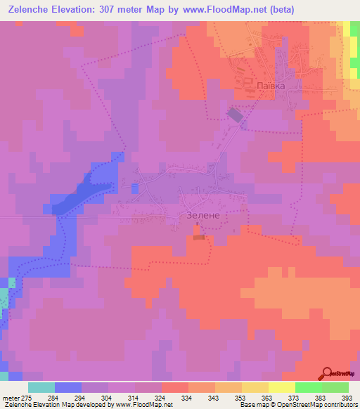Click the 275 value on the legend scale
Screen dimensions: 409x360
27,398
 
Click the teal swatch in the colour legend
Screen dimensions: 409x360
41,387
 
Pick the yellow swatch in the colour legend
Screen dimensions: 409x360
281,387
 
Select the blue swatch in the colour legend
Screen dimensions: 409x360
68,387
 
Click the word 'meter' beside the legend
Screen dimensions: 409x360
10,398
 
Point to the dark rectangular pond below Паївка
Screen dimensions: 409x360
234,115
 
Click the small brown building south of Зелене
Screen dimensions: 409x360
199,238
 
